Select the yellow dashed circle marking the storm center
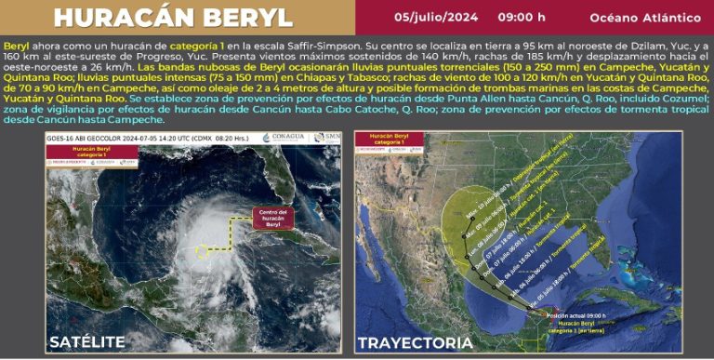click(202, 251)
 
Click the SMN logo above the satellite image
click(328, 139)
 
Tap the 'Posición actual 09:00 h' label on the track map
click(560, 315)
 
